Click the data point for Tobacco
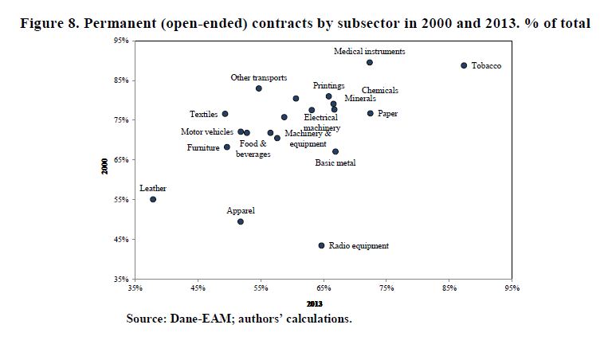pos(464,65)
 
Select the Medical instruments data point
pos(370,62)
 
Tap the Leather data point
pos(153,199)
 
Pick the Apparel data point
pos(241,221)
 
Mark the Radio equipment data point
pos(322,246)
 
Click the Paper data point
pos(371,113)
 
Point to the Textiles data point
pos(225,114)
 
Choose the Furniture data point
pos(227,147)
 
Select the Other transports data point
pos(259,88)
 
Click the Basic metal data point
pos(335,151)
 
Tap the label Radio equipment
pos(359,246)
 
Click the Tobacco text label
pos(486,65)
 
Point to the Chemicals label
pos(379,91)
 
